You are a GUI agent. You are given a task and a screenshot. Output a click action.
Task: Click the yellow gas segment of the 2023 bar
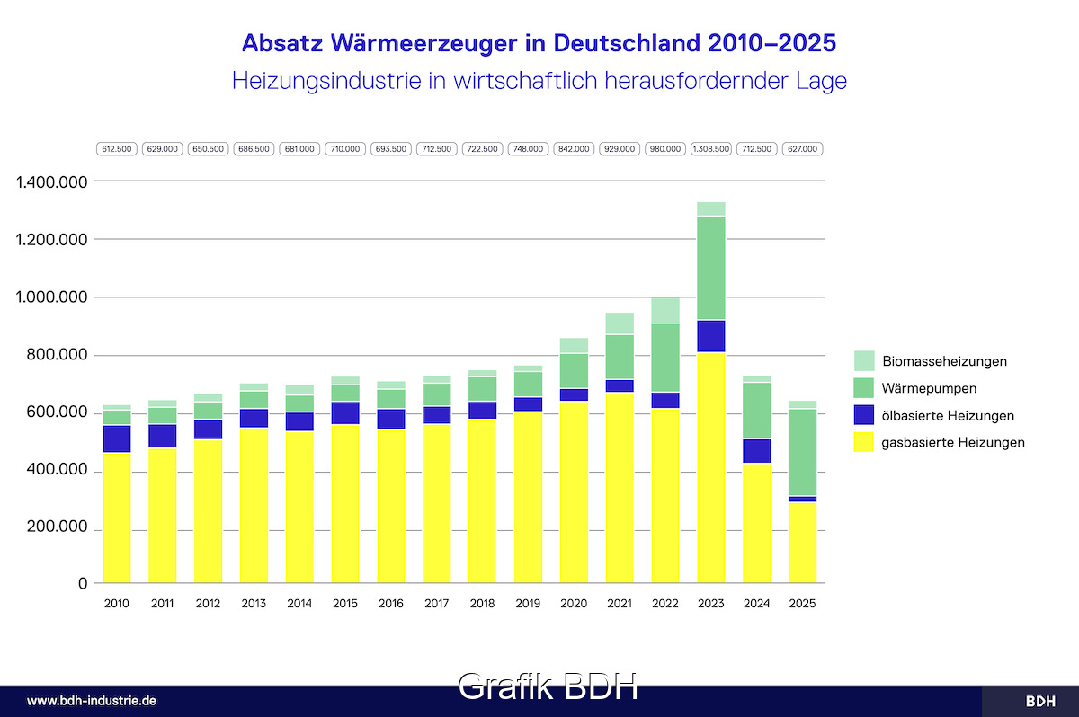(710, 467)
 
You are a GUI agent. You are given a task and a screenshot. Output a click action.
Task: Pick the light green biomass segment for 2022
(665, 310)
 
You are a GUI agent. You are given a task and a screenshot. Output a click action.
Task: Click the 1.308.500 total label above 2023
(710, 149)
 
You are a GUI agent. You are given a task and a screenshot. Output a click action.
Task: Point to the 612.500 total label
(117, 149)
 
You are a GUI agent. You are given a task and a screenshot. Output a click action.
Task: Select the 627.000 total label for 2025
(802, 149)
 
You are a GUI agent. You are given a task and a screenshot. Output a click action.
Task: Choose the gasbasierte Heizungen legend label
(954, 442)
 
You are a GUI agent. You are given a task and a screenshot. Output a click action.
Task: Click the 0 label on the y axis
(83, 584)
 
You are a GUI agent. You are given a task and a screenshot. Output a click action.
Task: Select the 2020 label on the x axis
(574, 604)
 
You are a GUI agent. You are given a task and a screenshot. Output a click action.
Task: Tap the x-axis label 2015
(345, 604)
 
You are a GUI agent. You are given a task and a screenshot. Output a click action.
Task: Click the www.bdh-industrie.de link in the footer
(93, 701)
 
